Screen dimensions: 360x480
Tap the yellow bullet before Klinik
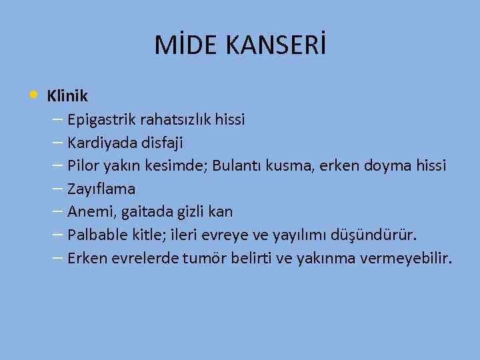click(x=33, y=95)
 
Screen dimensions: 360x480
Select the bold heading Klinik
click(x=67, y=96)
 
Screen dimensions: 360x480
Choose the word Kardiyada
click(x=99, y=143)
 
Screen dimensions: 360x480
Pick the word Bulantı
click(x=237, y=166)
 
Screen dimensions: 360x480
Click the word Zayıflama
click(x=101, y=189)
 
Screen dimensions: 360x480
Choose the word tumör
click(x=203, y=258)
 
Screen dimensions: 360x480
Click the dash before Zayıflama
click(x=57, y=189)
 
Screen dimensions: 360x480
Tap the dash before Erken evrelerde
click(x=57, y=257)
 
